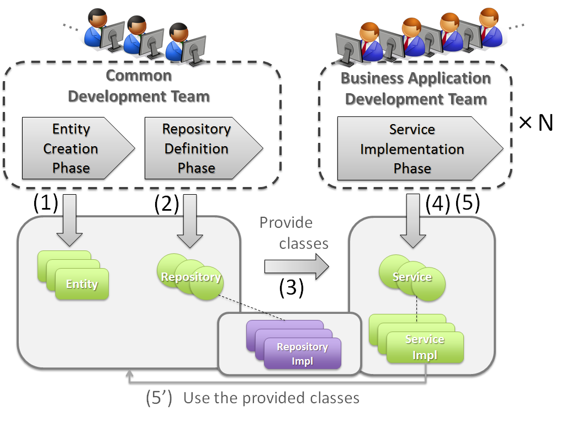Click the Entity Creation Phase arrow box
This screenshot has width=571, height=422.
tap(72, 148)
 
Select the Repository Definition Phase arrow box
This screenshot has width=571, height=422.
tap(197, 148)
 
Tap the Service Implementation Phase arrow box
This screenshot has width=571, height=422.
tap(413, 149)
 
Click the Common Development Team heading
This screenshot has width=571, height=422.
tap(139, 86)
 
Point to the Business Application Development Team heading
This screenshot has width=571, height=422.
tap(416, 88)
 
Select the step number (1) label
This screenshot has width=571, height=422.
tap(45, 203)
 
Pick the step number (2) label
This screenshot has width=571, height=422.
tap(167, 204)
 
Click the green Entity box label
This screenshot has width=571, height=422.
tap(82, 285)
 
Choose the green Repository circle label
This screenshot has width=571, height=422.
tap(191, 277)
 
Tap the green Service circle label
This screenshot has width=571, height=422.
tap(412, 277)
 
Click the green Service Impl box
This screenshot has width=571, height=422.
tap(425, 347)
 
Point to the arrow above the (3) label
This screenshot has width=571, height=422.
tap(296, 266)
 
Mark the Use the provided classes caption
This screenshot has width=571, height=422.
tap(271, 398)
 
